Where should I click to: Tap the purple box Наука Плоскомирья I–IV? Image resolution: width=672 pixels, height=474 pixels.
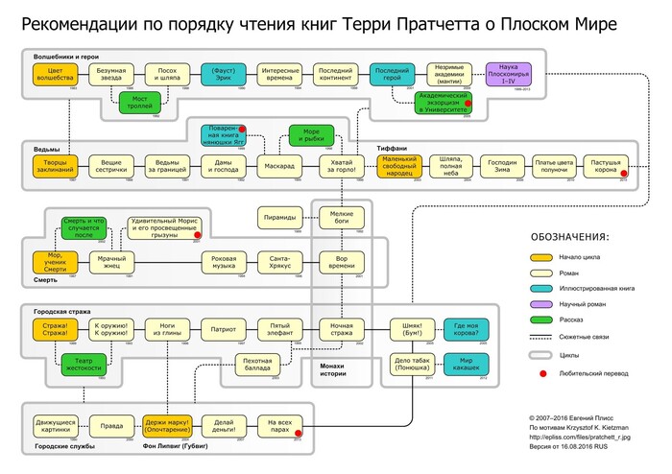click(x=519, y=75)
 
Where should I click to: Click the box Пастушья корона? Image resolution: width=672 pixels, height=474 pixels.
click(x=605, y=168)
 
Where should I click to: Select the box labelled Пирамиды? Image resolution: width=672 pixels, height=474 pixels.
click(x=279, y=219)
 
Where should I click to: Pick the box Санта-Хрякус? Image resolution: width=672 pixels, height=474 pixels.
click(x=279, y=261)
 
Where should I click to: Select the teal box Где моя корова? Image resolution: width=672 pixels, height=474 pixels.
click(x=473, y=331)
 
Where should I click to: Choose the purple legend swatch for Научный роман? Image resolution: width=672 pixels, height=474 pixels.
click(x=542, y=304)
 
